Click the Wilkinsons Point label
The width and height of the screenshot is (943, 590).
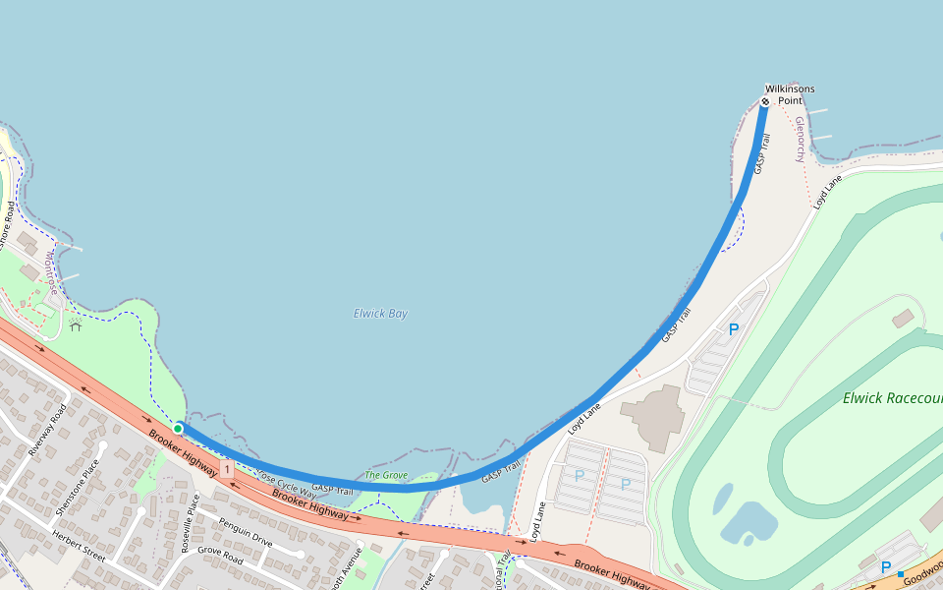[x=790, y=94]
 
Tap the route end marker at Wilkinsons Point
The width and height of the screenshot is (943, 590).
[x=765, y=101]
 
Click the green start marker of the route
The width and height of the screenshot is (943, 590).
[x=178, y=428]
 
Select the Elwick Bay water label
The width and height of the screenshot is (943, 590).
[x=380, y=314]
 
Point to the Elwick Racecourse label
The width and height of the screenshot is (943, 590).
[x=892, y=398]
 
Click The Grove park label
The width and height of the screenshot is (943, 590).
[x=386, y=475]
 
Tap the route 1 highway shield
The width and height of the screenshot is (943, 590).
[x=227, y=471]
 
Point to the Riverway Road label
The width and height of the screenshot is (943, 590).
[x=47, y=430]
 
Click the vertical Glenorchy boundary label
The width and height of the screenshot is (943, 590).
[x=800, y=140]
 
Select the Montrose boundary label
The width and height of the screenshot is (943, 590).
[x=51, y=272]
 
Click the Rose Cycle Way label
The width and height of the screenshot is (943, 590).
[x=279, y=481]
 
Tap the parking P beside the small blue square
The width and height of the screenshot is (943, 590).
[x=885, y=567]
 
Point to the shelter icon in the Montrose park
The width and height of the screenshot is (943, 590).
[x=75, y=324]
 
